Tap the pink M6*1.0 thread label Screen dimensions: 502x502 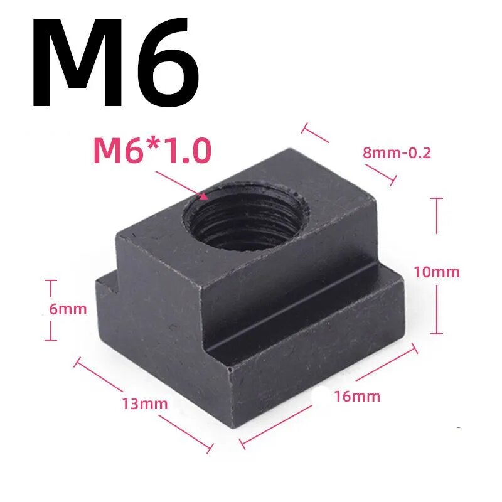click(x=152, y=151)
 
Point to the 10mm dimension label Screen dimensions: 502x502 click(x=437, y=272)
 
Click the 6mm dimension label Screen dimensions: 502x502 click(x=68, y=309)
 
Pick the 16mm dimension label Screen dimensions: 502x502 click(x=357, y=396)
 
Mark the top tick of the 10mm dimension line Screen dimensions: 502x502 click(x=438, y=199)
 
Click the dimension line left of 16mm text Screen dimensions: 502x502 click(x=276, y=427)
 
